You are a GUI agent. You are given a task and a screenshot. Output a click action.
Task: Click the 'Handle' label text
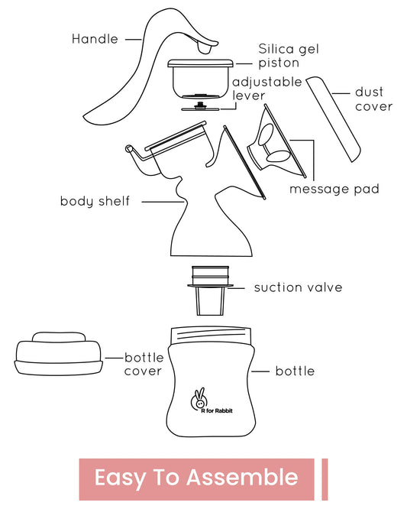point(95,39)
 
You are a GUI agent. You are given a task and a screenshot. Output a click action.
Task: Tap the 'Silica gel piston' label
point(289,56)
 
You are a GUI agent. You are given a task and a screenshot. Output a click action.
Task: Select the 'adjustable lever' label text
point(267,89)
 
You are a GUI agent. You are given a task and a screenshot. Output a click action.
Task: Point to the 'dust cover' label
point(373,99)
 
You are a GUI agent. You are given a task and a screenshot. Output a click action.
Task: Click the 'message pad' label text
point(334,189)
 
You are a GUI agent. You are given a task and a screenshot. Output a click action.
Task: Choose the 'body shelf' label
point(95,201)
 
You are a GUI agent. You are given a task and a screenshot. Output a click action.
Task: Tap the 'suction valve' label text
point(298,287)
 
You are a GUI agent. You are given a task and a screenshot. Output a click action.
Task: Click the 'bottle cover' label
point(144,365)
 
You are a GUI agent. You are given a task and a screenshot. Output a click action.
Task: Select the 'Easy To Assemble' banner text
point(196,478)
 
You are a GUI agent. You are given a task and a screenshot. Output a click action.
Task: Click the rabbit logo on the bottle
point(199,399)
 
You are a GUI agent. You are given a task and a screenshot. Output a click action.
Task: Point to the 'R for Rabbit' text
point(217,411)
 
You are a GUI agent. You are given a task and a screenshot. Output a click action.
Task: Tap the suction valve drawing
point(210,290)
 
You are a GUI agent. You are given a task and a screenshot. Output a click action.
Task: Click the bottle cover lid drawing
point(59,354)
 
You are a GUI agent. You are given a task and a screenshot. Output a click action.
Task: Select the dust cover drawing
point(334,118)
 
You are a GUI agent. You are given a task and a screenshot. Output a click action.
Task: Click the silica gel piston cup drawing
point(200,79)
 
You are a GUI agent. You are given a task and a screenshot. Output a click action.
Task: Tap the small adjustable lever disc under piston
point(200,108)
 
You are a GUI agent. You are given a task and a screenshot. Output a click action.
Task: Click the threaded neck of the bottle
point(211,336)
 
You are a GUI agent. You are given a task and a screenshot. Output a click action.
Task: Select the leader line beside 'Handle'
point(134,39)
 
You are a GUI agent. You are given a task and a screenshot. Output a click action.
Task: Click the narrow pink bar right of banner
point(325,479)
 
